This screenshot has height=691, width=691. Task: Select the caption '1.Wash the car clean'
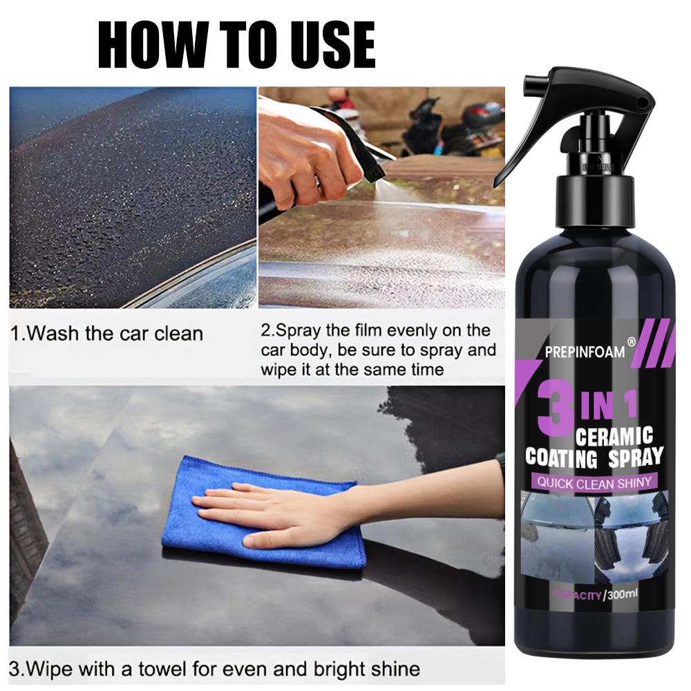pos(107,334)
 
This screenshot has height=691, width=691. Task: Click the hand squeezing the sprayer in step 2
pos(304,149)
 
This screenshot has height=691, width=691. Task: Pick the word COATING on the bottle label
pos(562,457)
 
